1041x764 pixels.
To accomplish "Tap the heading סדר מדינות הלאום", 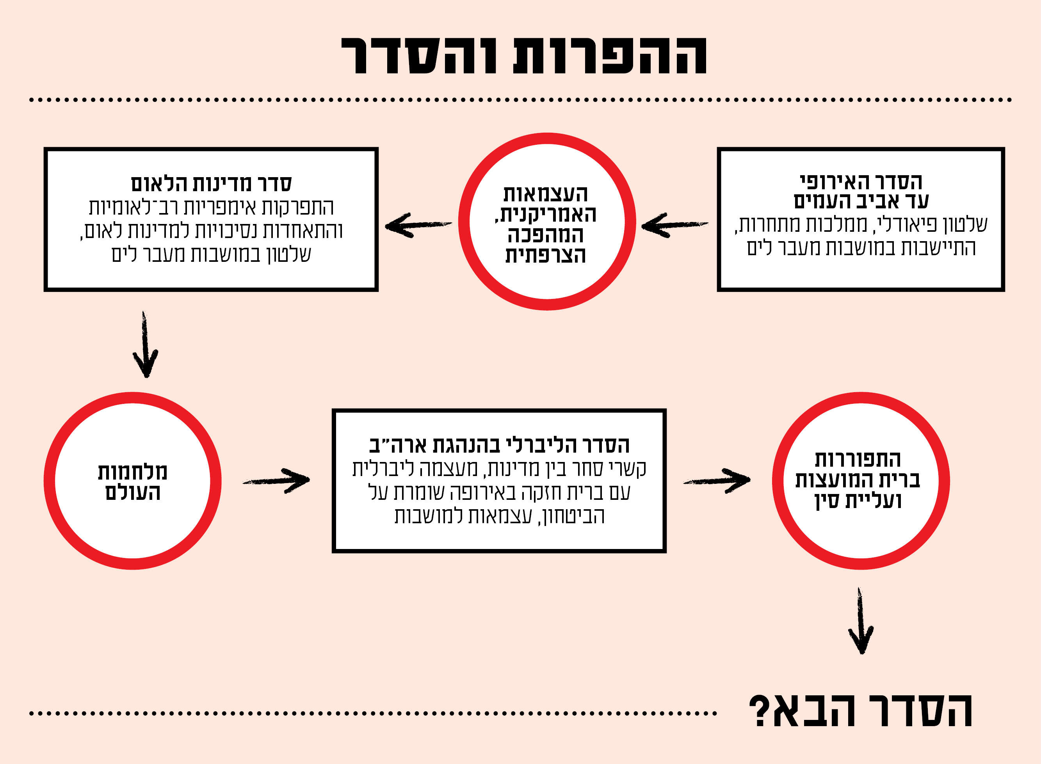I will [x=211, y=184].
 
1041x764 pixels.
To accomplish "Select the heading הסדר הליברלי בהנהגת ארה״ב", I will [x=499, y=445].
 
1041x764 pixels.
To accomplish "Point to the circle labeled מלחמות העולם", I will [x=132, y=481].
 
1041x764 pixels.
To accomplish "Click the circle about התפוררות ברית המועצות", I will [x=861, y=481].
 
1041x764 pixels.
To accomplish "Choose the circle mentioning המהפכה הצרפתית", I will [x=547, y=222].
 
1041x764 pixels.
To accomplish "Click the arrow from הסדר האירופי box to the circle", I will [x=675, y=225].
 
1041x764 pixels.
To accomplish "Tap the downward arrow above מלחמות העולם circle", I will [x=145, y=345].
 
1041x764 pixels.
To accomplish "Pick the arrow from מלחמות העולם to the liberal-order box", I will [x=277, y=481].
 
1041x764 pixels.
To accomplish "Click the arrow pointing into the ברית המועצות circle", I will [x=717, y=481].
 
